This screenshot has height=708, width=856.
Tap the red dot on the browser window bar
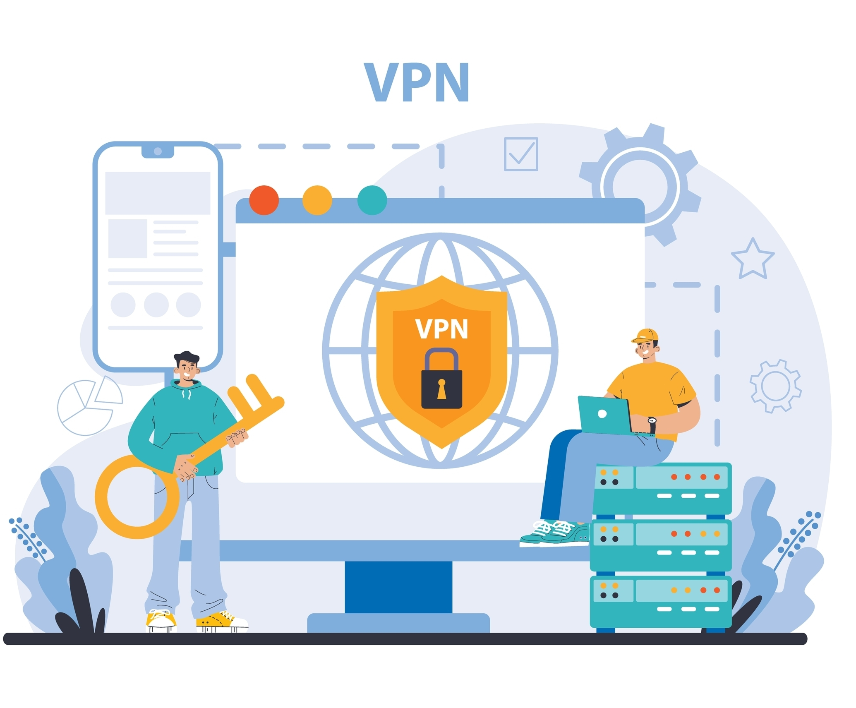click(x=264, y=200)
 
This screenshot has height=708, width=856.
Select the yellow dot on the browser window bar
click(x=317, y=200)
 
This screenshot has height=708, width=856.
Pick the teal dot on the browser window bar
click(x=372, y=200)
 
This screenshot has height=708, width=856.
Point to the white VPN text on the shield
click(x=441, y=329)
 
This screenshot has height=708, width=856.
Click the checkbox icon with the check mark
click(x=521, y=154)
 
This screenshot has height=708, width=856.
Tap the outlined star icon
click(x=752, y=260)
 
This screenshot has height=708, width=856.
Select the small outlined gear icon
click(x=775, y=386)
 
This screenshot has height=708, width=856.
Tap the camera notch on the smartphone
click(x=158, y=151)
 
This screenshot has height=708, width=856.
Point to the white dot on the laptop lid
click(x=602, y=413)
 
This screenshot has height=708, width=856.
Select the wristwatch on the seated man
click(x=652, y=425)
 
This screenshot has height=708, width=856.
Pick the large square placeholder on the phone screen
click(x=127, y=239)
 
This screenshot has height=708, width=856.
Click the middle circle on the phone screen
click(x=156, y=305)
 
